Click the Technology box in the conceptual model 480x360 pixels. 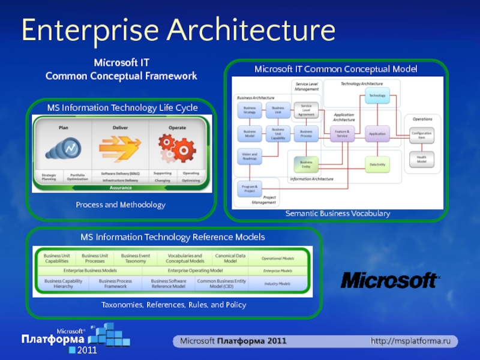pyautogui.click(x=377, y=95)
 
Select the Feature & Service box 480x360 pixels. pyautogui.click(x=342, y=133)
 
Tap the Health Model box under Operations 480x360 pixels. pyautogui.click(x=422, y=159)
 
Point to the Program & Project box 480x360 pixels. pyautogui.click(x=250, y=188)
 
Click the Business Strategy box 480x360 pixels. pyautogui.click(x=250, y=110)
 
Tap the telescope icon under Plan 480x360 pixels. pyautogui.click(x=62, y=148)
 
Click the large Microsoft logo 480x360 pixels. pyautogui.click(x=390, y=280)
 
